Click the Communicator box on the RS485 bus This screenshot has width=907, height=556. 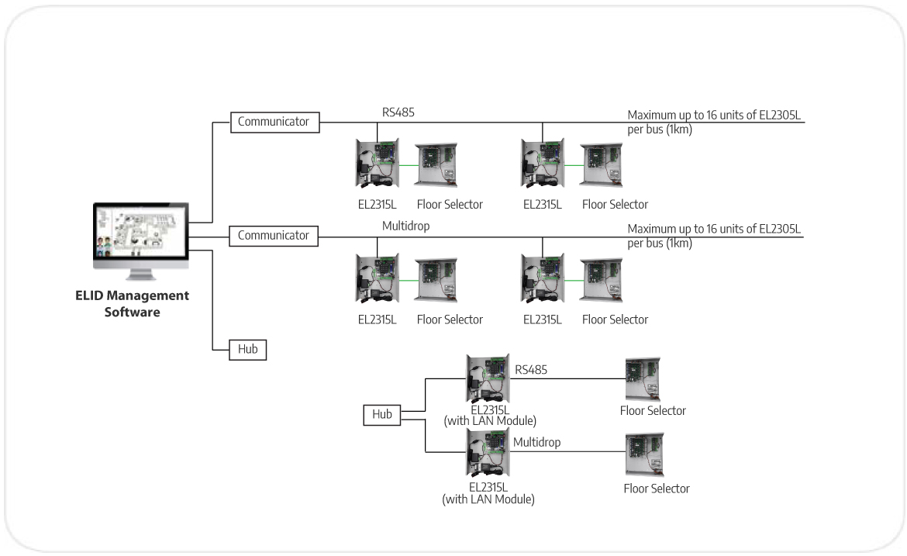(274, 122)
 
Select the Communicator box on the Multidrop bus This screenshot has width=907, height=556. (274, 236)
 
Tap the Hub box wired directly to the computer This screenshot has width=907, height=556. (247, 350)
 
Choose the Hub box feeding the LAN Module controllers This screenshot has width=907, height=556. (382, 415)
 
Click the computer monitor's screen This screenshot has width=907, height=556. (141, 235)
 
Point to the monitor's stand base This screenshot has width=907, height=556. (141, 277)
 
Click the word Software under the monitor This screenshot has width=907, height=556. (133, 313)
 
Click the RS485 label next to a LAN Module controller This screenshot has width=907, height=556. (531, 370)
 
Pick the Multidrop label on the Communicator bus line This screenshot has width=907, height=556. (405, 226)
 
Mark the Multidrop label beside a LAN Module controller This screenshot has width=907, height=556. (536, 443)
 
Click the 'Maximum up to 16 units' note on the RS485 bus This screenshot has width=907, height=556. (713, 116)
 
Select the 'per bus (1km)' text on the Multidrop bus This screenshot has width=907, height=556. (660, 243)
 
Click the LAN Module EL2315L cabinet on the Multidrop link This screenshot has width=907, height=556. (486, 454)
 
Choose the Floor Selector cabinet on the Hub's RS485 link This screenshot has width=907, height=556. (643, 379)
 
